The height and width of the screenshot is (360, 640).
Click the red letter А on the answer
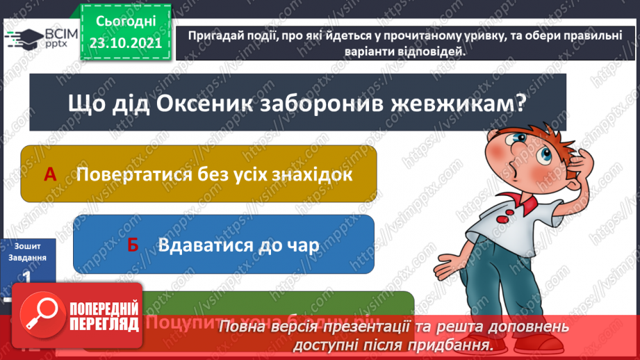tap(50, 174)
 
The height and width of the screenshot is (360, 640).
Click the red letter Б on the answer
tap(133, 244)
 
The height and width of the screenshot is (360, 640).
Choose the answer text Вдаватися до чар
tap(238, 244)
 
